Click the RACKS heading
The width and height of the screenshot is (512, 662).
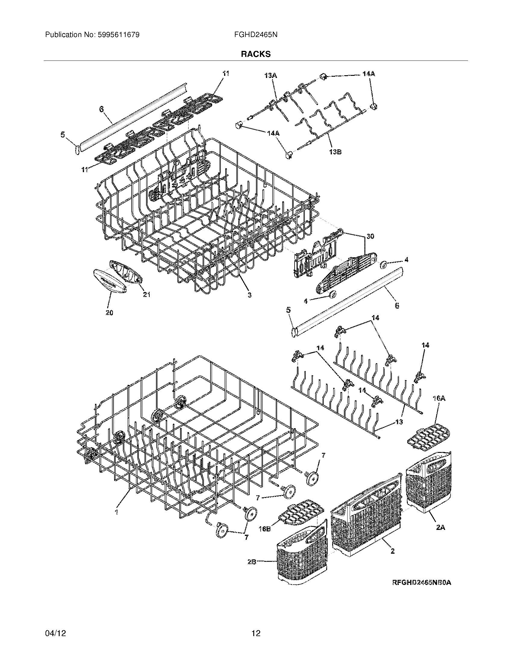(256, 54)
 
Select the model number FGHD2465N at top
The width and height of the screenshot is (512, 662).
(256, 35)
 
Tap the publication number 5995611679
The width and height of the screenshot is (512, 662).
(118, 35)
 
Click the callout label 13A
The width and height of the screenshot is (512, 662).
(270, 76)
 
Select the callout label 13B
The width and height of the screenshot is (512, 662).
(335, 152)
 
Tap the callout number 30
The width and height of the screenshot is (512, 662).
(370, 236)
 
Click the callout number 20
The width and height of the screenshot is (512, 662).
(109, 313)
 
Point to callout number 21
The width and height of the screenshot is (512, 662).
(147, 294)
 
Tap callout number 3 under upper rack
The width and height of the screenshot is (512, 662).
(249, 294)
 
